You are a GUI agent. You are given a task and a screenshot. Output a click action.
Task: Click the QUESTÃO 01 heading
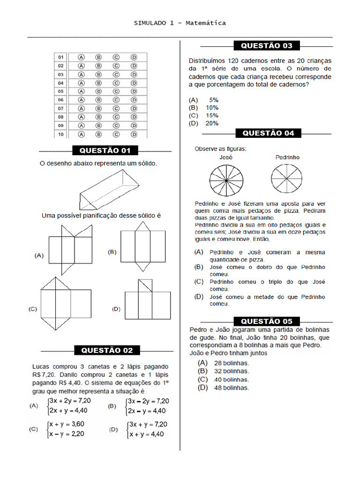tap(105, 150)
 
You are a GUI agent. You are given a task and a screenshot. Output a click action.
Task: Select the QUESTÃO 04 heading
tap(269, 133)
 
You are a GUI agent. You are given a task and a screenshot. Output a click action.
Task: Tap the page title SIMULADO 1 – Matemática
tap(180, 23)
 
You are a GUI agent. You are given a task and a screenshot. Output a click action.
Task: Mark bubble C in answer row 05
tap(116, 91)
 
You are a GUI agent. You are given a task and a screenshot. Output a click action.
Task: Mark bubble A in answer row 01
tap(81, 57)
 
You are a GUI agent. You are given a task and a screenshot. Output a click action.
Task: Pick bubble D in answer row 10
tap(134, 134)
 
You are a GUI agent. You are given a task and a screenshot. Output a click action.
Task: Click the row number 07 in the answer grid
tap(61, 108)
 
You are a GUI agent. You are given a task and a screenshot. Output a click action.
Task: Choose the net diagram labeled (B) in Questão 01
tap(143, 246)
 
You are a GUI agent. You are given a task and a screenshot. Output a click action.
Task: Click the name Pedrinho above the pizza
tap(287, 157)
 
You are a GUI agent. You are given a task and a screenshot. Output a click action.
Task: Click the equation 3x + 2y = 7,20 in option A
tap(70, 401)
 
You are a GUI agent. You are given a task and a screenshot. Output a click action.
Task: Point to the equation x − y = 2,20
tap(67, 434)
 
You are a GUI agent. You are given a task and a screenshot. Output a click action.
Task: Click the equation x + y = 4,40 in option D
tap(146, 434)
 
